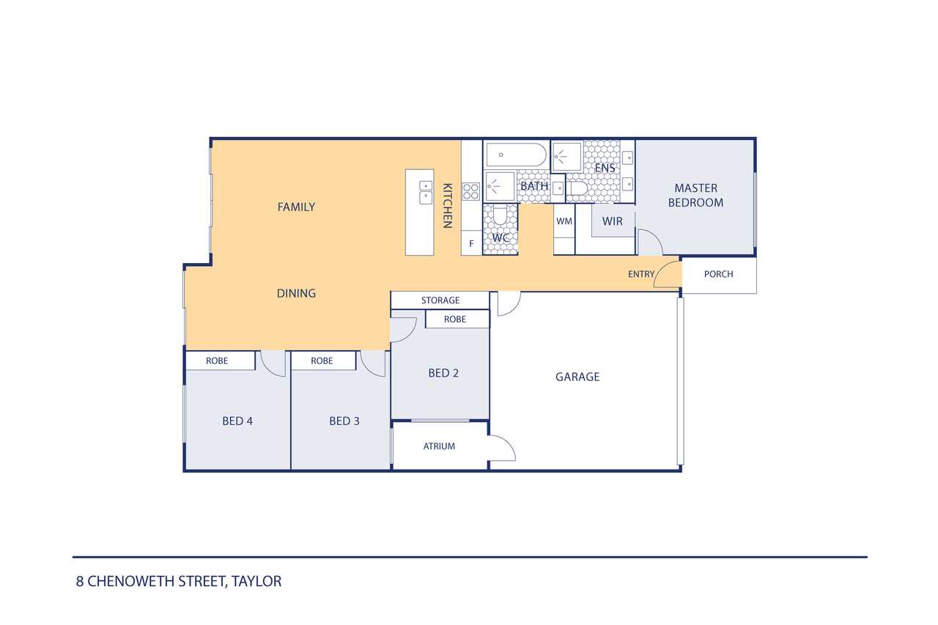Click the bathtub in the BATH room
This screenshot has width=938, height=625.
(x=516, y=155)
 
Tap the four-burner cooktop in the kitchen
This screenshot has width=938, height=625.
(x=470, y=191)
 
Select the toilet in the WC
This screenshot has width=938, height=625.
(x=500, y=215)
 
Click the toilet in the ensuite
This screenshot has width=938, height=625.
(x=579, y=188)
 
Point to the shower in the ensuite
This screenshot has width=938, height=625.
(x=567, y=157)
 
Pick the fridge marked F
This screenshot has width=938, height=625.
(x=471, y=243)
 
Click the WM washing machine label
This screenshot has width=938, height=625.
(x=564, y=221)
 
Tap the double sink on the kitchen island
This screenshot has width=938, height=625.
(x=426, y=192)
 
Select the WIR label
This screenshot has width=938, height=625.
(x=612, y=221)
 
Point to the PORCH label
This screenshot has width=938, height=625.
(x=719, y=274)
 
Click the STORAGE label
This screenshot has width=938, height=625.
(x=440, y=300)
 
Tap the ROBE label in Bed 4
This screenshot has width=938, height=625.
(x=217, y=360)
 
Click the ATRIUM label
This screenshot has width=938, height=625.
(x=439, y=446)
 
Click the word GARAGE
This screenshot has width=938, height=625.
(x=577, y=377)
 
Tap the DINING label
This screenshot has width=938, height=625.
(x=297, y=294)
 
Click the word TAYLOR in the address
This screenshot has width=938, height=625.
(x=256, y=582)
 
